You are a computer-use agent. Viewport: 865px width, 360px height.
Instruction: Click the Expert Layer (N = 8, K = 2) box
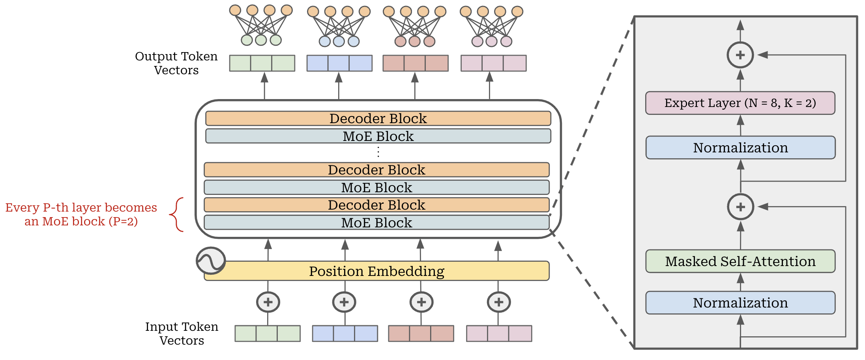(740, 103)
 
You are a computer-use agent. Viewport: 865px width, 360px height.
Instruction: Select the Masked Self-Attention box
(740, 261)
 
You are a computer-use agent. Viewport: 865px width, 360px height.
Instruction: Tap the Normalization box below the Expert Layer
(740, 148)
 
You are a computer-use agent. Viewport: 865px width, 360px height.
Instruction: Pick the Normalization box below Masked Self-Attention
(740, 303)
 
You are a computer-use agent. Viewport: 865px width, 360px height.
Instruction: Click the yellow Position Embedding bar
(376, 271)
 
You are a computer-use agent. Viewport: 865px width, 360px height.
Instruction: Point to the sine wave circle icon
(211, 261)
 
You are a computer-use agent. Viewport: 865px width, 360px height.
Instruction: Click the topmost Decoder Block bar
(378, 118)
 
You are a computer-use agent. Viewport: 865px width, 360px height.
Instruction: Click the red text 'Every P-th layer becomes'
(81, 208)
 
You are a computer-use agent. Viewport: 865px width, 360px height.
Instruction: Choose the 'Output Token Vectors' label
(176, 63)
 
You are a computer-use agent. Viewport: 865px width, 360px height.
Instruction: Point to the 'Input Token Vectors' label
(182, 333)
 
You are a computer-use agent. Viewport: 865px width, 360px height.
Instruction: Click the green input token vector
(267, 334)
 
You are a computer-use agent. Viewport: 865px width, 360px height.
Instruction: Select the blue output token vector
(339, 63)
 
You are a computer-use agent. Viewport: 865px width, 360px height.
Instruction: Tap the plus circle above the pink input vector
(498, 302)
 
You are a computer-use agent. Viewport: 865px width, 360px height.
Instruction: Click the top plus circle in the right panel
(740, 55)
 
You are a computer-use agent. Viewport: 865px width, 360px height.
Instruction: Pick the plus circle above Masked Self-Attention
(740, 207)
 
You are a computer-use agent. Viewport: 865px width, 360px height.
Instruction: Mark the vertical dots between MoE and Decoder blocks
(378, 152)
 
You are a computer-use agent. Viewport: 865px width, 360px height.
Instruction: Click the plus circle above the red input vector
(421, 302)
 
